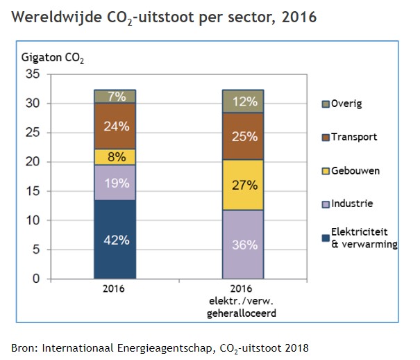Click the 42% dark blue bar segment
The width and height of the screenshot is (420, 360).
pyautogui.click(x=115, y=239)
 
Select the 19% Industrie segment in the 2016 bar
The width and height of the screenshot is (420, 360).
pyautogui.click(x=115, y=183)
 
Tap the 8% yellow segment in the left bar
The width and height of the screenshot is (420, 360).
pyautogui.click(x=115, y=157)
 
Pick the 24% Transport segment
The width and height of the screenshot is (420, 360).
pyautogui.click(x=115, y=126)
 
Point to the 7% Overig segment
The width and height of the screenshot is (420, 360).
pyautogui.click(x=115, y=97)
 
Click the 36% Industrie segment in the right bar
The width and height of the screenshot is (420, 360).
pyautogui.click(x=244, y=244)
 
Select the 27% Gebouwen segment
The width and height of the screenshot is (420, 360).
pyautogui.click(x=244, y=185)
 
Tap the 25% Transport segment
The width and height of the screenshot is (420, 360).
pyautogui.click(x=244, y=136)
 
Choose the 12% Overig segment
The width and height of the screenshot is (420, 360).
pyautogui.click(x=244, y=101)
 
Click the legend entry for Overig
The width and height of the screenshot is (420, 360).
pyautogui.click(x=344, y=104)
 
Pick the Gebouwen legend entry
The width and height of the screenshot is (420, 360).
pyautogui.click(x=350, y=170)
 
